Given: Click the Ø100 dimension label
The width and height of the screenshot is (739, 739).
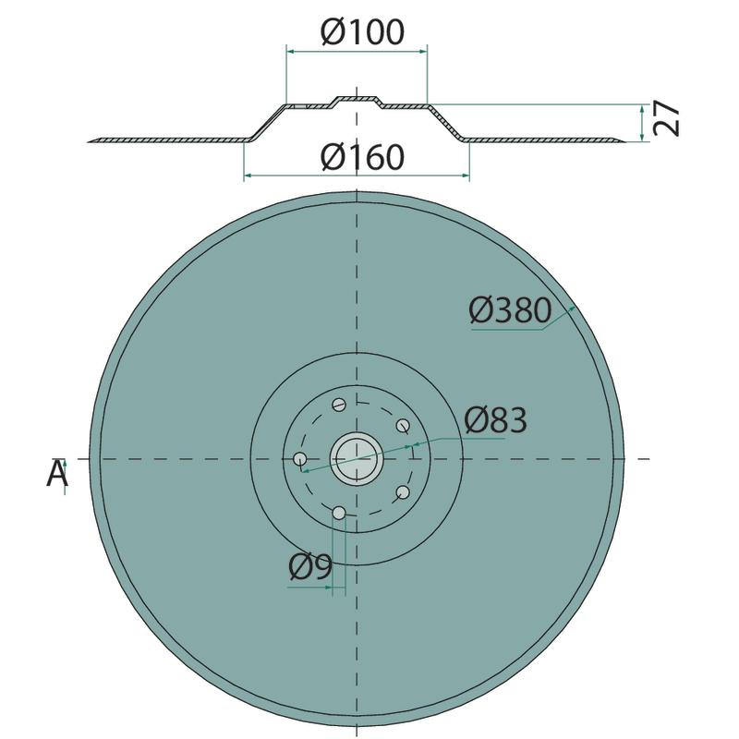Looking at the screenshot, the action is [362, 32].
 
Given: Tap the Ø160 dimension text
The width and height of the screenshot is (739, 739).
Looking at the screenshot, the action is [362, 157].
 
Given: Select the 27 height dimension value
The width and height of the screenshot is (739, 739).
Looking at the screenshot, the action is [667, 119].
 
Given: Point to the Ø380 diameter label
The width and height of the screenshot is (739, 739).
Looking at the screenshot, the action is [510, 310].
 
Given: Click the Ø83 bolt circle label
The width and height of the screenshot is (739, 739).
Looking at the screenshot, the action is [495, 420].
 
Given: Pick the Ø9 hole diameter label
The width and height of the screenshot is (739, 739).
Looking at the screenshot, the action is [310, 567].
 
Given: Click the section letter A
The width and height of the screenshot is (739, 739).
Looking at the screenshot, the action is [57, 473].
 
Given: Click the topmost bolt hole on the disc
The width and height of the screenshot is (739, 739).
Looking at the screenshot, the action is [339, 405].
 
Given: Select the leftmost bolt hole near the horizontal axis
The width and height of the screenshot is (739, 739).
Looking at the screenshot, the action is [299, 458].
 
